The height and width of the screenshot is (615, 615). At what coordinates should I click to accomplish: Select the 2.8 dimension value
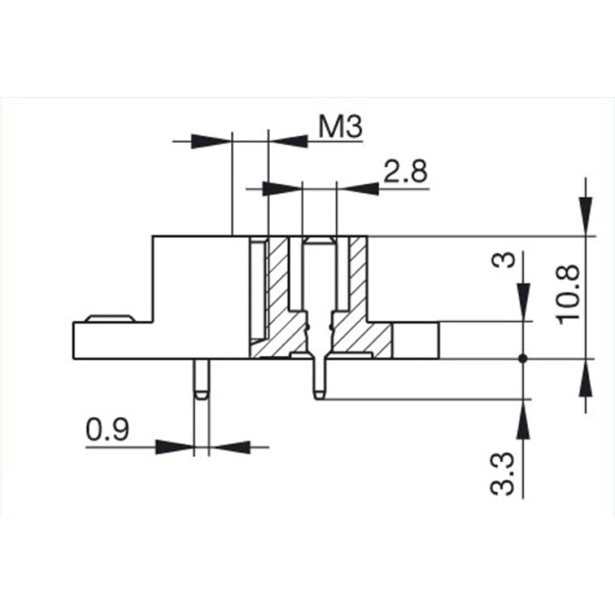405,172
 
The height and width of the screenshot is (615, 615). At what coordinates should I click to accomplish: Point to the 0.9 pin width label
107,429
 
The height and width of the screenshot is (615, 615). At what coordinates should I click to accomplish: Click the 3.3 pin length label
502,474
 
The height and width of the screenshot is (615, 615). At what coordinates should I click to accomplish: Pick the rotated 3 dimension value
503,260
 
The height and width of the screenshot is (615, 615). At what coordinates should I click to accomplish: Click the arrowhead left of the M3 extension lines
211,141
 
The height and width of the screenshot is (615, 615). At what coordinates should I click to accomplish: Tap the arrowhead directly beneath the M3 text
288,141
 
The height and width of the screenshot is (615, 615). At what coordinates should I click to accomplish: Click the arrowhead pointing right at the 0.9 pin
175,446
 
